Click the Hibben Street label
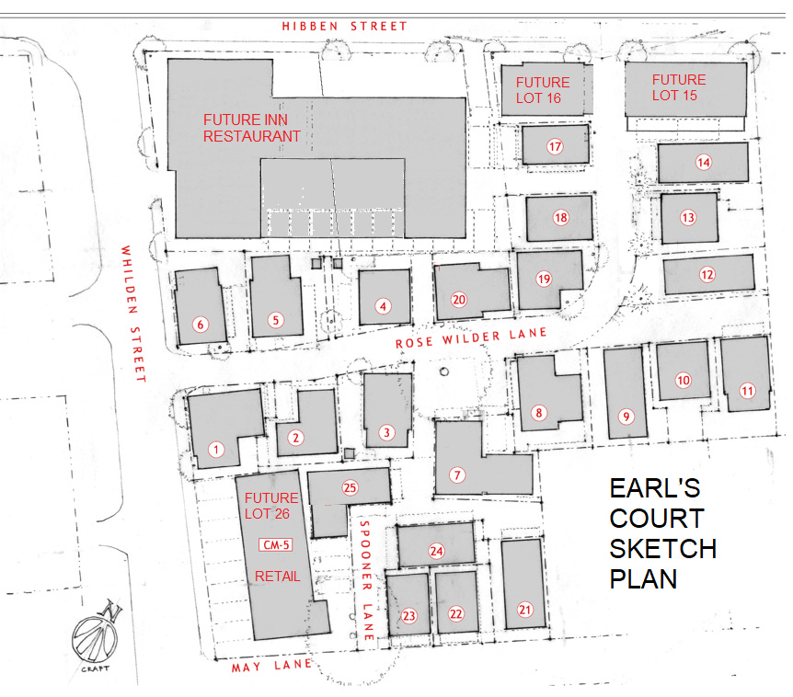click(x=344, y=27)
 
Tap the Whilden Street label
click(x=133, y=314)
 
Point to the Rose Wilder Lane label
click(x=471, y=337)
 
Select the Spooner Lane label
click(x=367, y=580)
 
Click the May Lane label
click(x=271, y=666)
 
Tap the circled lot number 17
click(x=555, y=146)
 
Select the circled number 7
click(x=457, y=475)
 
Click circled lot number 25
click(x=350, y=487)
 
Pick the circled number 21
click(x=525, y=610)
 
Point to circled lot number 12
click(x=707, y=274)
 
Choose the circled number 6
click(x=201, y=325)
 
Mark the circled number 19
click(x=544, y=279)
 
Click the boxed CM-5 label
click(x=276, y=545)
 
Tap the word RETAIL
click(x=277, y=577)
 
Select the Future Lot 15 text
click(x=678, y=87)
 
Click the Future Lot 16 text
click(x=542, y=90)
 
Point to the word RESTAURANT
click(x=252, y=136)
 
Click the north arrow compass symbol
click(x=96, y=634)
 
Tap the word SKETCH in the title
click(x=662, y=549)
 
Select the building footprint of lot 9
click(x=626, y=394)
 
